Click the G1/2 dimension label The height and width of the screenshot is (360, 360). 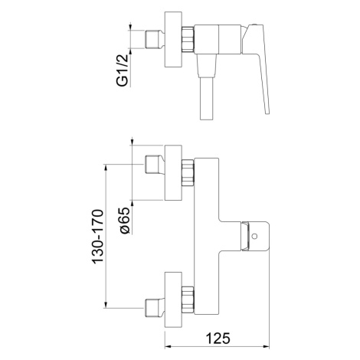tap(123, 70)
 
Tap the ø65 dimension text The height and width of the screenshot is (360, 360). tap(125, 221)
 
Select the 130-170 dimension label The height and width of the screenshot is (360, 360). tap(98, 237)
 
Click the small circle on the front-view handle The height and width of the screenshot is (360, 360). tap(254, 236)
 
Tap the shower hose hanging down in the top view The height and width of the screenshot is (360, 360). tap(207, 98)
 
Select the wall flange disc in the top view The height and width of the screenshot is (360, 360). tap(173, 40)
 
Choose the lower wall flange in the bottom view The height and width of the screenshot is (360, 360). tap(173, 299)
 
